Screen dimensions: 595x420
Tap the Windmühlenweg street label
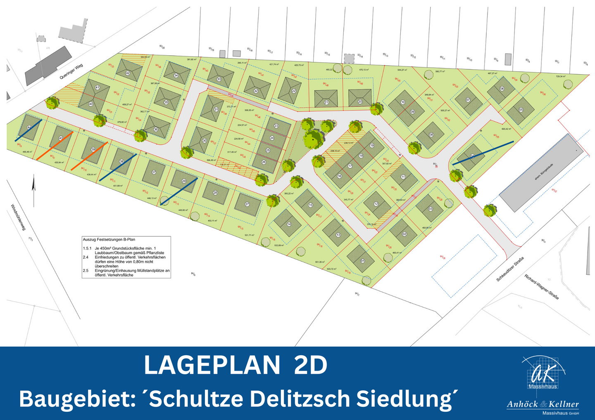tap(19, 217)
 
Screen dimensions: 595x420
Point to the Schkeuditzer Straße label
tap(510, 269)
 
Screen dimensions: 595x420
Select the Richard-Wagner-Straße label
tap(541, 286)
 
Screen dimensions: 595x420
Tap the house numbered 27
tap(248, 205)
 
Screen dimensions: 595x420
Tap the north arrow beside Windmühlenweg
tap(34, 188)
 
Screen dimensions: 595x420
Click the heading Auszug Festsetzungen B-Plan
tap(109, 239)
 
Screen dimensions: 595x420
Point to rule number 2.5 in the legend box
tap(86, 271)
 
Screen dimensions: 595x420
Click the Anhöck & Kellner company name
tap(543, 404)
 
